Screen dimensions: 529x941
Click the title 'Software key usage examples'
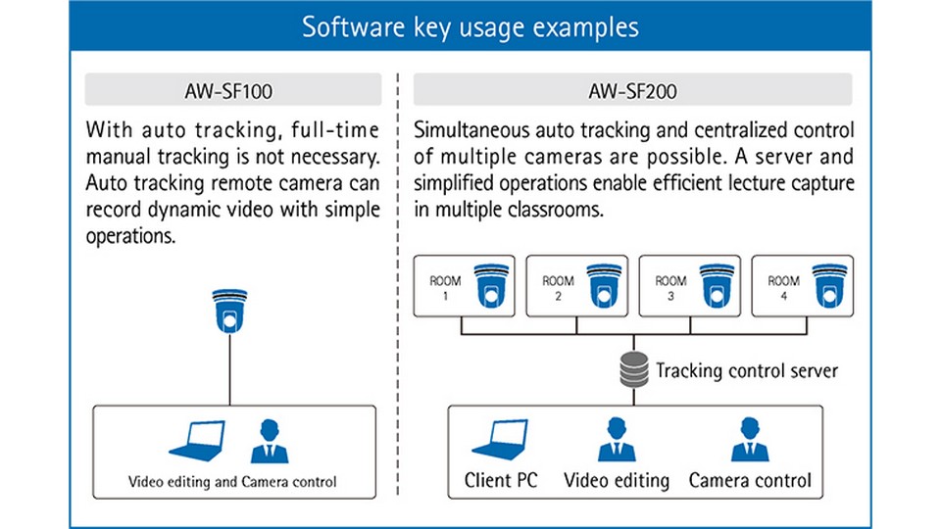click(470, 25)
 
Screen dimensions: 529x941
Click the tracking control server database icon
click(633, 371)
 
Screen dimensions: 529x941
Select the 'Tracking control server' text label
click(747, 371)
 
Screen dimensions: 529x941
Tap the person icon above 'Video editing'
click(617, 439)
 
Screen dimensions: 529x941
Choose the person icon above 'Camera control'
click(750, 439)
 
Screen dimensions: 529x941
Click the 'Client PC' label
click(501, 480)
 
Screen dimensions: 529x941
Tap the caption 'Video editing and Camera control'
click(232, 481)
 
